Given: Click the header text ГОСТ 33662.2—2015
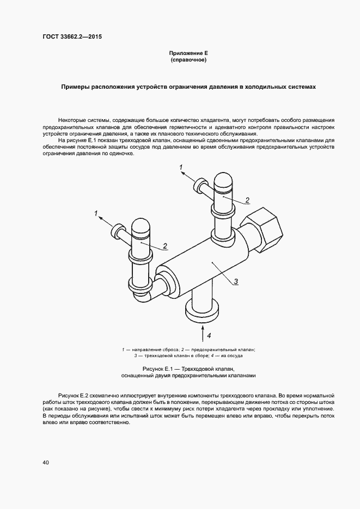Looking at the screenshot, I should click(x=72, y=37).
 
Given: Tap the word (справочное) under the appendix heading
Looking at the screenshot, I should click(x=188, y=60).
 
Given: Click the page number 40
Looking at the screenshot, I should click(x=45, y=463).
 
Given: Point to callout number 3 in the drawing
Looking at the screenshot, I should click(x=236, y=281).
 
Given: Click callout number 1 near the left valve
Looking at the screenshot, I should click(x=96, y=213).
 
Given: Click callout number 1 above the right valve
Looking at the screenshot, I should click(x=181, y=168).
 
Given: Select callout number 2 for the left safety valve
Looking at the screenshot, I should click(x=164, y=246).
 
